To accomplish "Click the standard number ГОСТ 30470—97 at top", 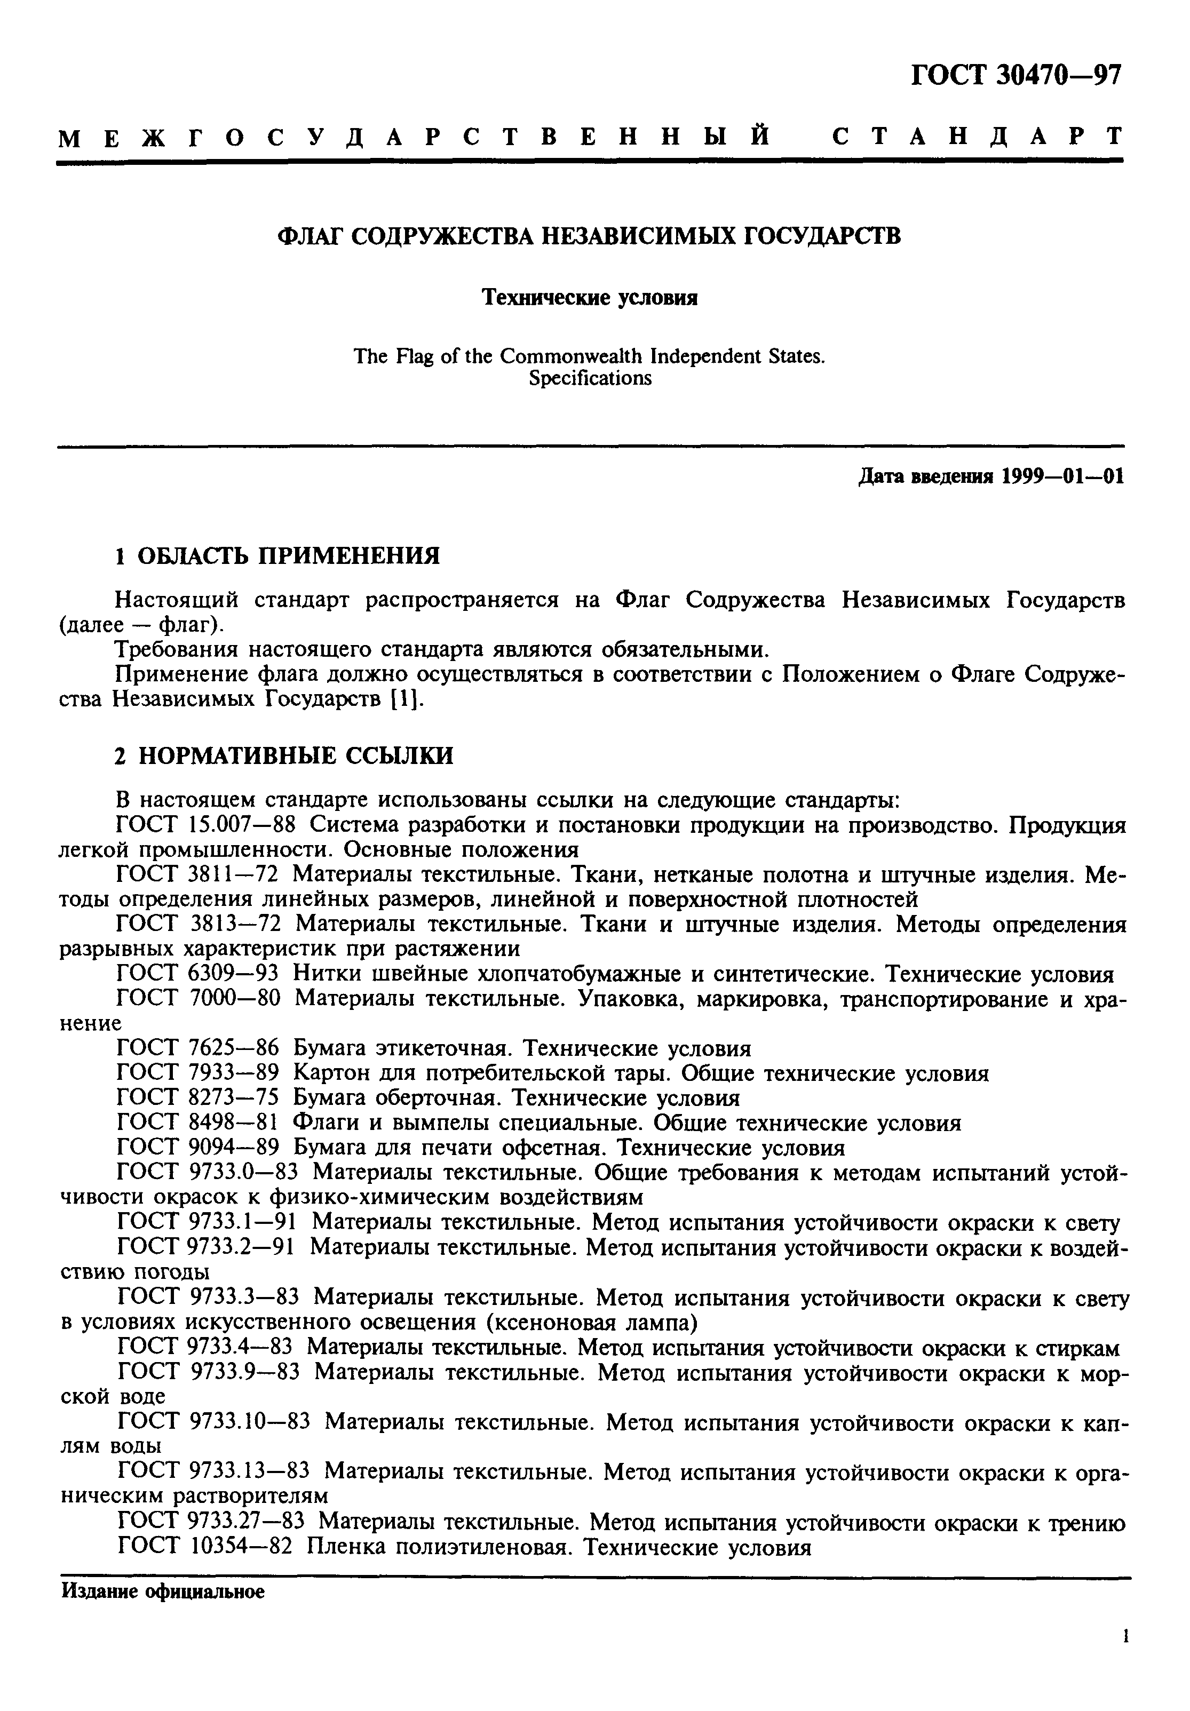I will [x=1015, y=75].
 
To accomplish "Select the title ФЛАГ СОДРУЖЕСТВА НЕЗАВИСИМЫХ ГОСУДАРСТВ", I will [x=589, y=237].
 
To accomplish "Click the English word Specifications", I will [x=590, y=379].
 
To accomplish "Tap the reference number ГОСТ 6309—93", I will [x=198, y=974].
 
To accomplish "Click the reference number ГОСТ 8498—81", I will [x=198, y=1123].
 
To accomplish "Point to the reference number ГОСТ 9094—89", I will [x=198, y=1148].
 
